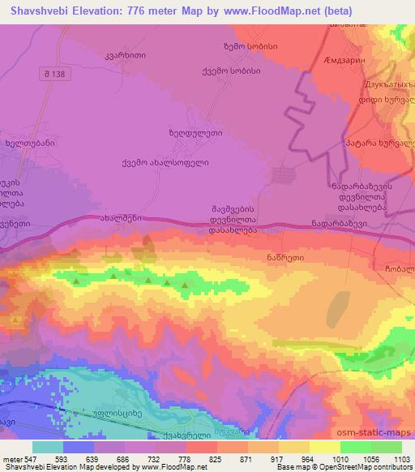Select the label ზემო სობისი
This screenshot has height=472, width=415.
(250, 47)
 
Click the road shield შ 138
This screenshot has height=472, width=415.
(53, 73)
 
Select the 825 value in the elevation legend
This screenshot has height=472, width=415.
(215, 459)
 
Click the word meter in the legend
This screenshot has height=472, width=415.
(11, 459)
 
